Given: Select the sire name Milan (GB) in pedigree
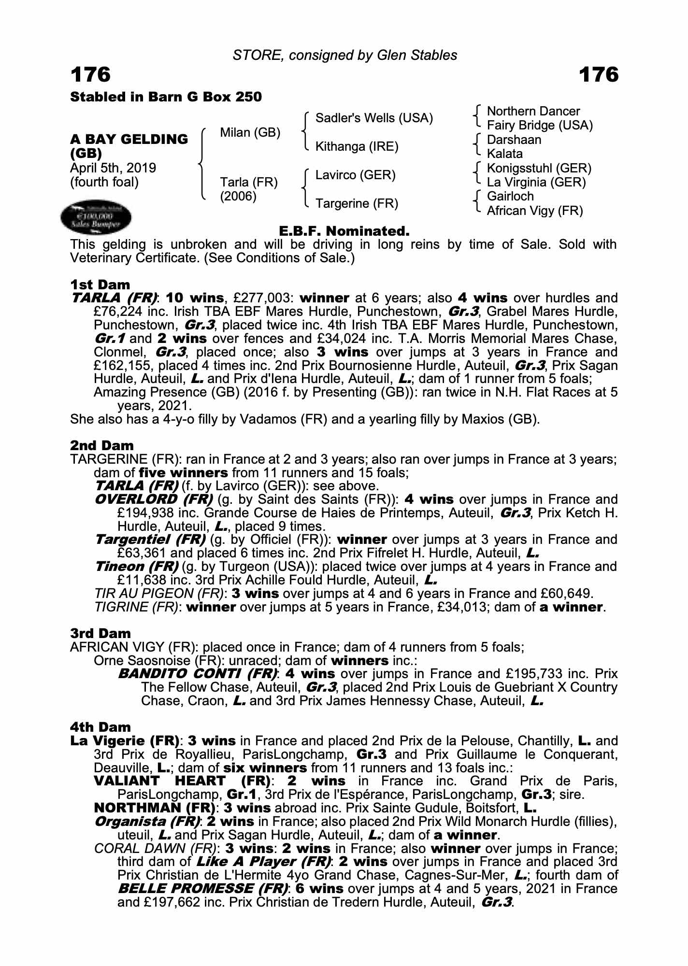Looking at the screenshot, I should click(250, 133).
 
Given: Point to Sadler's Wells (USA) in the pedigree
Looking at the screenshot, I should click(374, 118).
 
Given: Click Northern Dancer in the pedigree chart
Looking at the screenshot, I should click(533, 112).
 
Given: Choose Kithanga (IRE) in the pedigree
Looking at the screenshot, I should click(357, 147).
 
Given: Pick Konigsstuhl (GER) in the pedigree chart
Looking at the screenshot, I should click(539, 169).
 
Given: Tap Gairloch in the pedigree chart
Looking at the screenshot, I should click(510, 197).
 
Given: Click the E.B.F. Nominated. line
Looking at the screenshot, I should click(344, 231).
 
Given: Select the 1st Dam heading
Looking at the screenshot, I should click(100, 285).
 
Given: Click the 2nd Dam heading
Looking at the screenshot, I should click(102, 445).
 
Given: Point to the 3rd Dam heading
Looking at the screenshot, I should click(100, 633).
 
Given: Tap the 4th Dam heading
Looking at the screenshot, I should click(100, 727).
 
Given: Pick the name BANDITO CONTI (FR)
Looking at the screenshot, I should click(198, 674).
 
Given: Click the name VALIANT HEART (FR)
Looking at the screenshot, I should click(182, 781).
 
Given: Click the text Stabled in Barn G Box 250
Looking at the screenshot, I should click(166, 97).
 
